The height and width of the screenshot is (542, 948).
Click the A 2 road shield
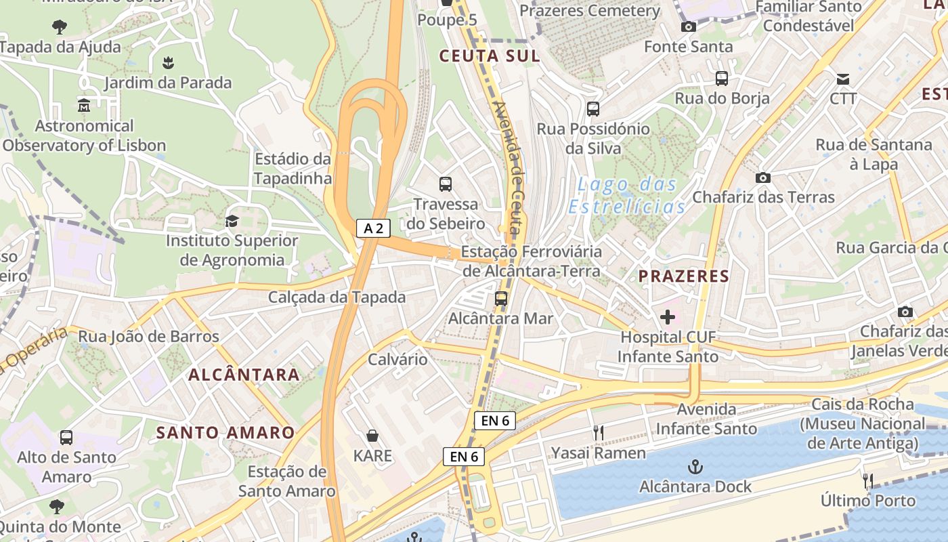[373, 228]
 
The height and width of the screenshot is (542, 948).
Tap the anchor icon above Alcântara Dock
[695, 467]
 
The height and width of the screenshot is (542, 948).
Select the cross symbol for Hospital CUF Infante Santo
[668, 316]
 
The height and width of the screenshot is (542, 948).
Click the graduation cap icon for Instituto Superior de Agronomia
[232, 221]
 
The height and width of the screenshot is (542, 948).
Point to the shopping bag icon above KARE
[372, 435]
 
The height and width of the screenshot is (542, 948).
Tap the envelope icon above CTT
[842, 79]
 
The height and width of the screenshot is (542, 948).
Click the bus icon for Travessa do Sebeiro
[446, 184]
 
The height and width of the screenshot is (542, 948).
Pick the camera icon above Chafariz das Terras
[762, 178]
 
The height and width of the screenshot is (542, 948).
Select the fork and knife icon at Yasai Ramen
[598, 433]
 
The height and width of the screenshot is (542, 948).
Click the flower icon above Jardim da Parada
[168, 63]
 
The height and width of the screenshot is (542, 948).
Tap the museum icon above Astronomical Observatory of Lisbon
[84, 106]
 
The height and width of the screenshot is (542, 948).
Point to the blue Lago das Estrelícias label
[626, 195]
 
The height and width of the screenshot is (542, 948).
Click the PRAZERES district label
[684, 276]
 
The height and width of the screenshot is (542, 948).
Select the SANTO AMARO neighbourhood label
[225, 432]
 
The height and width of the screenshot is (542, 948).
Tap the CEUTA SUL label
[490, 56]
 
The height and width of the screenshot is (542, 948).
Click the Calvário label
[397, 359]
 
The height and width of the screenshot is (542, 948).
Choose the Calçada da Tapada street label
[337, 297]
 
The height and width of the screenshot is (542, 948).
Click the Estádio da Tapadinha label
[293, 169]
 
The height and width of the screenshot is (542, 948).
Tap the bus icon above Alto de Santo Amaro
[66, 438]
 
